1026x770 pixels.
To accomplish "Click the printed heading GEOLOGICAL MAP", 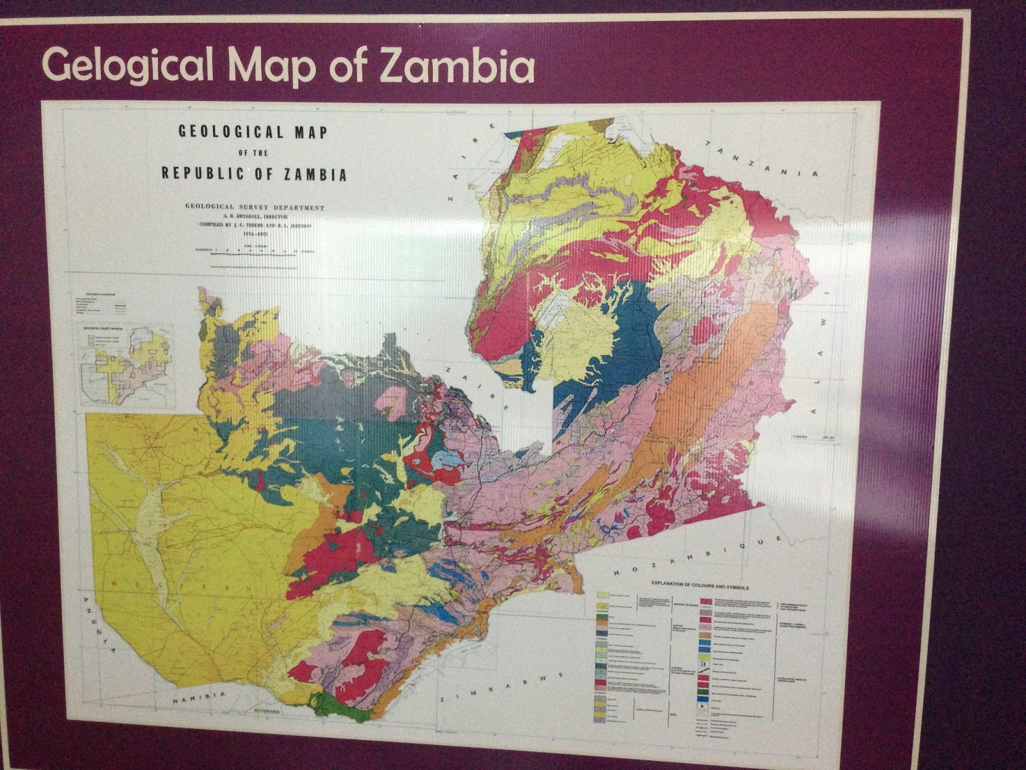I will (253, 132).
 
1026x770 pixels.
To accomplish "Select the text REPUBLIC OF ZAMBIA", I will (254, 174).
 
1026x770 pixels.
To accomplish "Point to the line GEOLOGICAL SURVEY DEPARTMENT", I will (255, 208).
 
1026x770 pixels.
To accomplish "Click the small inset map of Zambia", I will (127, 364).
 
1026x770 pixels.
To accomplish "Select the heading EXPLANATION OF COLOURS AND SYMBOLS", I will (700, 586).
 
